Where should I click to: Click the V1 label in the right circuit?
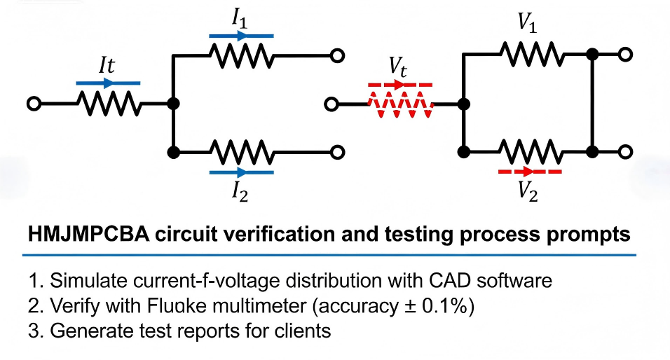(x=529, y=23)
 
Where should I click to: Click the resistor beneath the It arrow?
(x=108, y=104)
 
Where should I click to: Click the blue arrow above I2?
(x=240, y=170)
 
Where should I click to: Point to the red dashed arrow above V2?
(x=529, y=170)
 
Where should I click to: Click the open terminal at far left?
(x=32, y=104)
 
